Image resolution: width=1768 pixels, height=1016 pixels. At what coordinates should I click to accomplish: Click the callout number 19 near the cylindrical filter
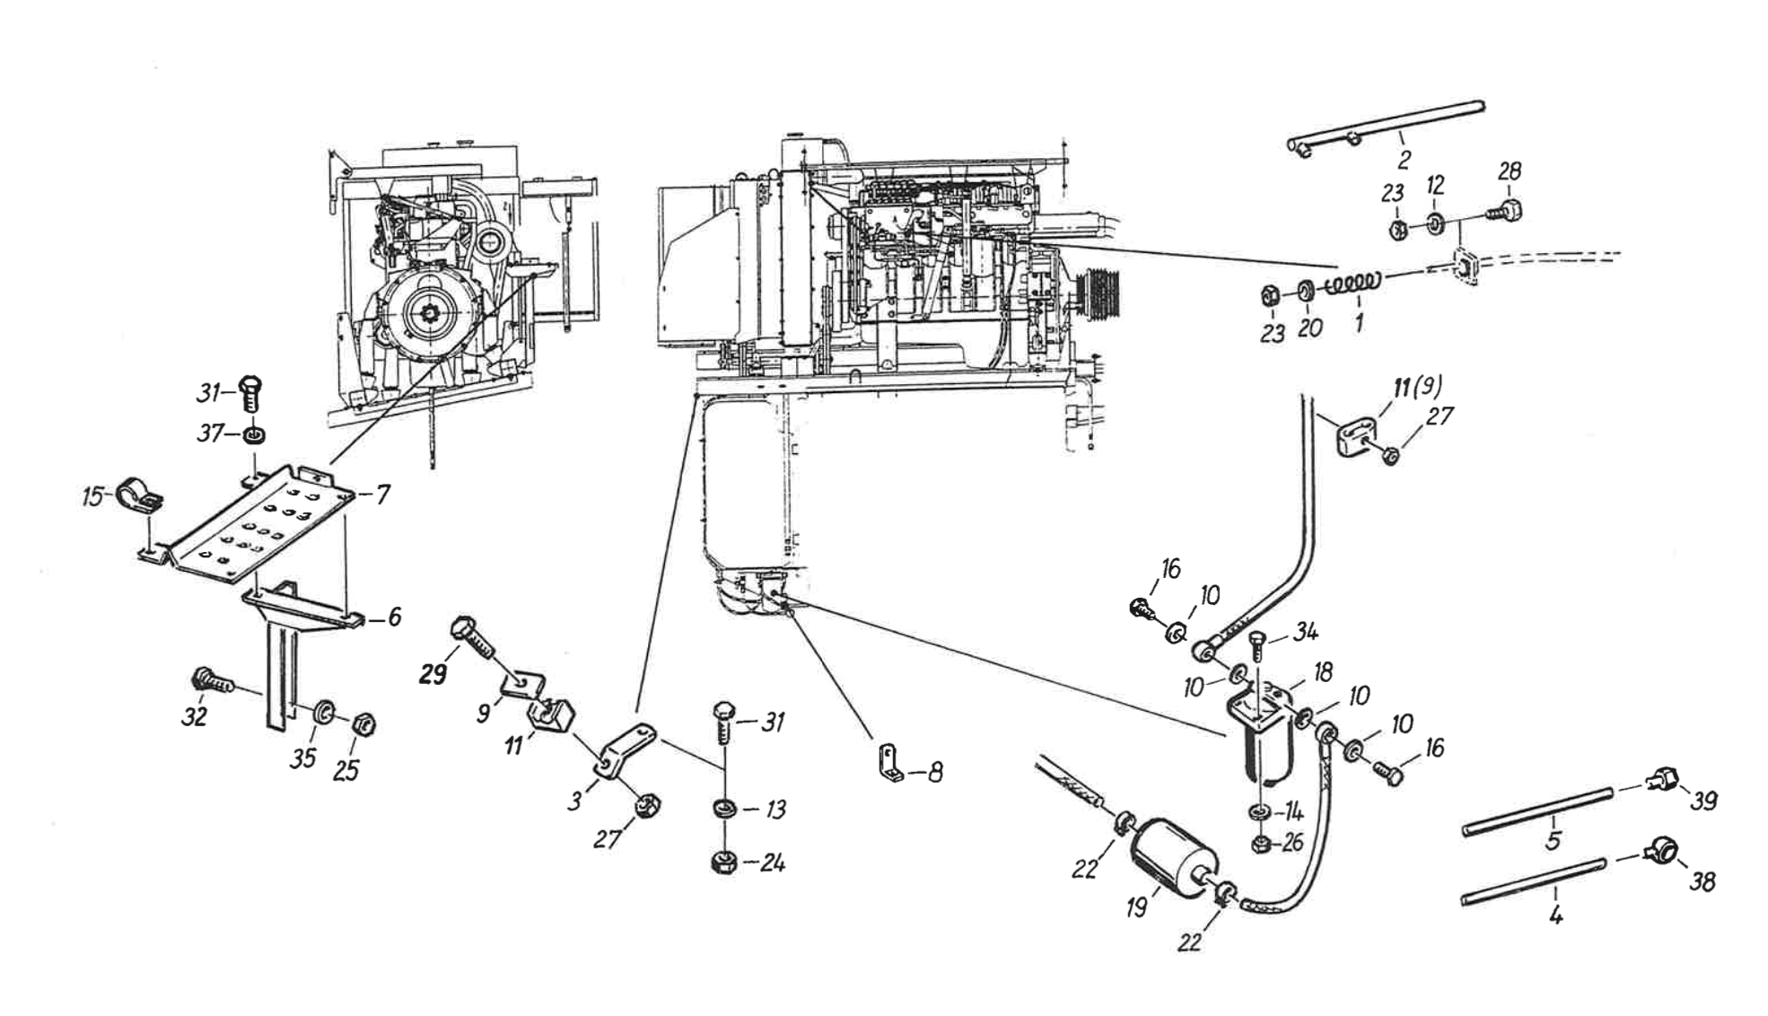1137,907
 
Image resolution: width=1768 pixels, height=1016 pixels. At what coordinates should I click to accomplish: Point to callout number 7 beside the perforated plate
382,494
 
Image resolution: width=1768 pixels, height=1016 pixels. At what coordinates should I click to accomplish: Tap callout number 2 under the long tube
1404,160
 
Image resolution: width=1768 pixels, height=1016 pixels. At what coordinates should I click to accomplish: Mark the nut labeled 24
723,863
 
